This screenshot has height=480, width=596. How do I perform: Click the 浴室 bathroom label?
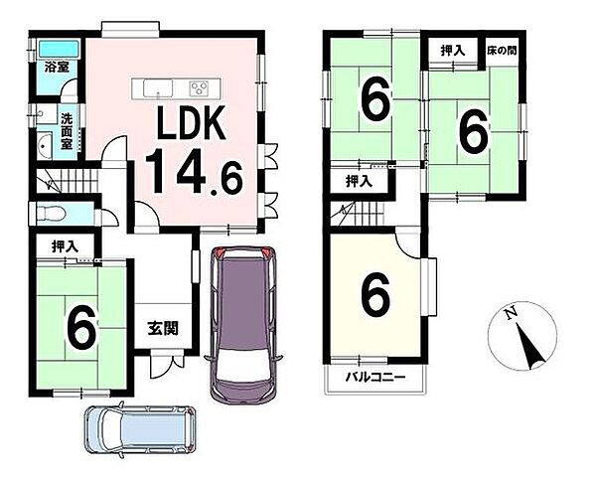tap(57, 68)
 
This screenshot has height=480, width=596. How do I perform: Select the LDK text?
tap(191, 122)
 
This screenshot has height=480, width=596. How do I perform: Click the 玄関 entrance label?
tap(163, 328)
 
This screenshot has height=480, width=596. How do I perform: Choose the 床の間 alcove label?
tap(502, 51)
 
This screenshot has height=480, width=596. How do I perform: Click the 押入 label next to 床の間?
tap(453, 51)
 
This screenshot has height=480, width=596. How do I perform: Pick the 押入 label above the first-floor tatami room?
tap(65, 246)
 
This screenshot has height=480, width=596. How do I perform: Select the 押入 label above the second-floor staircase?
tap(359, 182)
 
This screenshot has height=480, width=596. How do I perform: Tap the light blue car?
tap(140, 429)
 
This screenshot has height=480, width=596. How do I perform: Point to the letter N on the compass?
tap(512, 312)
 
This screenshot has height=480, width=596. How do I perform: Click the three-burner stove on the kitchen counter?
tap(199, 89)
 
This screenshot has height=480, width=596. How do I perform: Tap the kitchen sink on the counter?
tap(158, 88)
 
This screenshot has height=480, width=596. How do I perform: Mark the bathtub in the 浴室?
tap(60, 50)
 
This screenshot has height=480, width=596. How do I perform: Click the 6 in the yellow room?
tap(376, 296)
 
